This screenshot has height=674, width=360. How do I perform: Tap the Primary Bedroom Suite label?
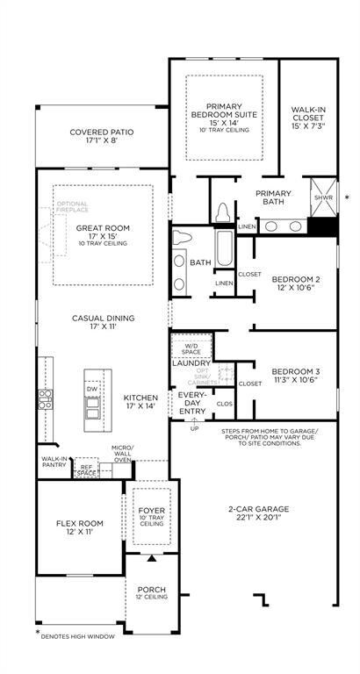(x=224, y=113)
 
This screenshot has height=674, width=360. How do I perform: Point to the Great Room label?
(x=103, y=231)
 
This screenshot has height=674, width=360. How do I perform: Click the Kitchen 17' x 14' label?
(x=140, y=401)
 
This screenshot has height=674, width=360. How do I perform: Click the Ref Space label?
(x=86, y=470)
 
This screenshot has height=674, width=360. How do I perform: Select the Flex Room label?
(x=80, y=527)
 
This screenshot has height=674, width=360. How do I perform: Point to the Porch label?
(x=152, y=592)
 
